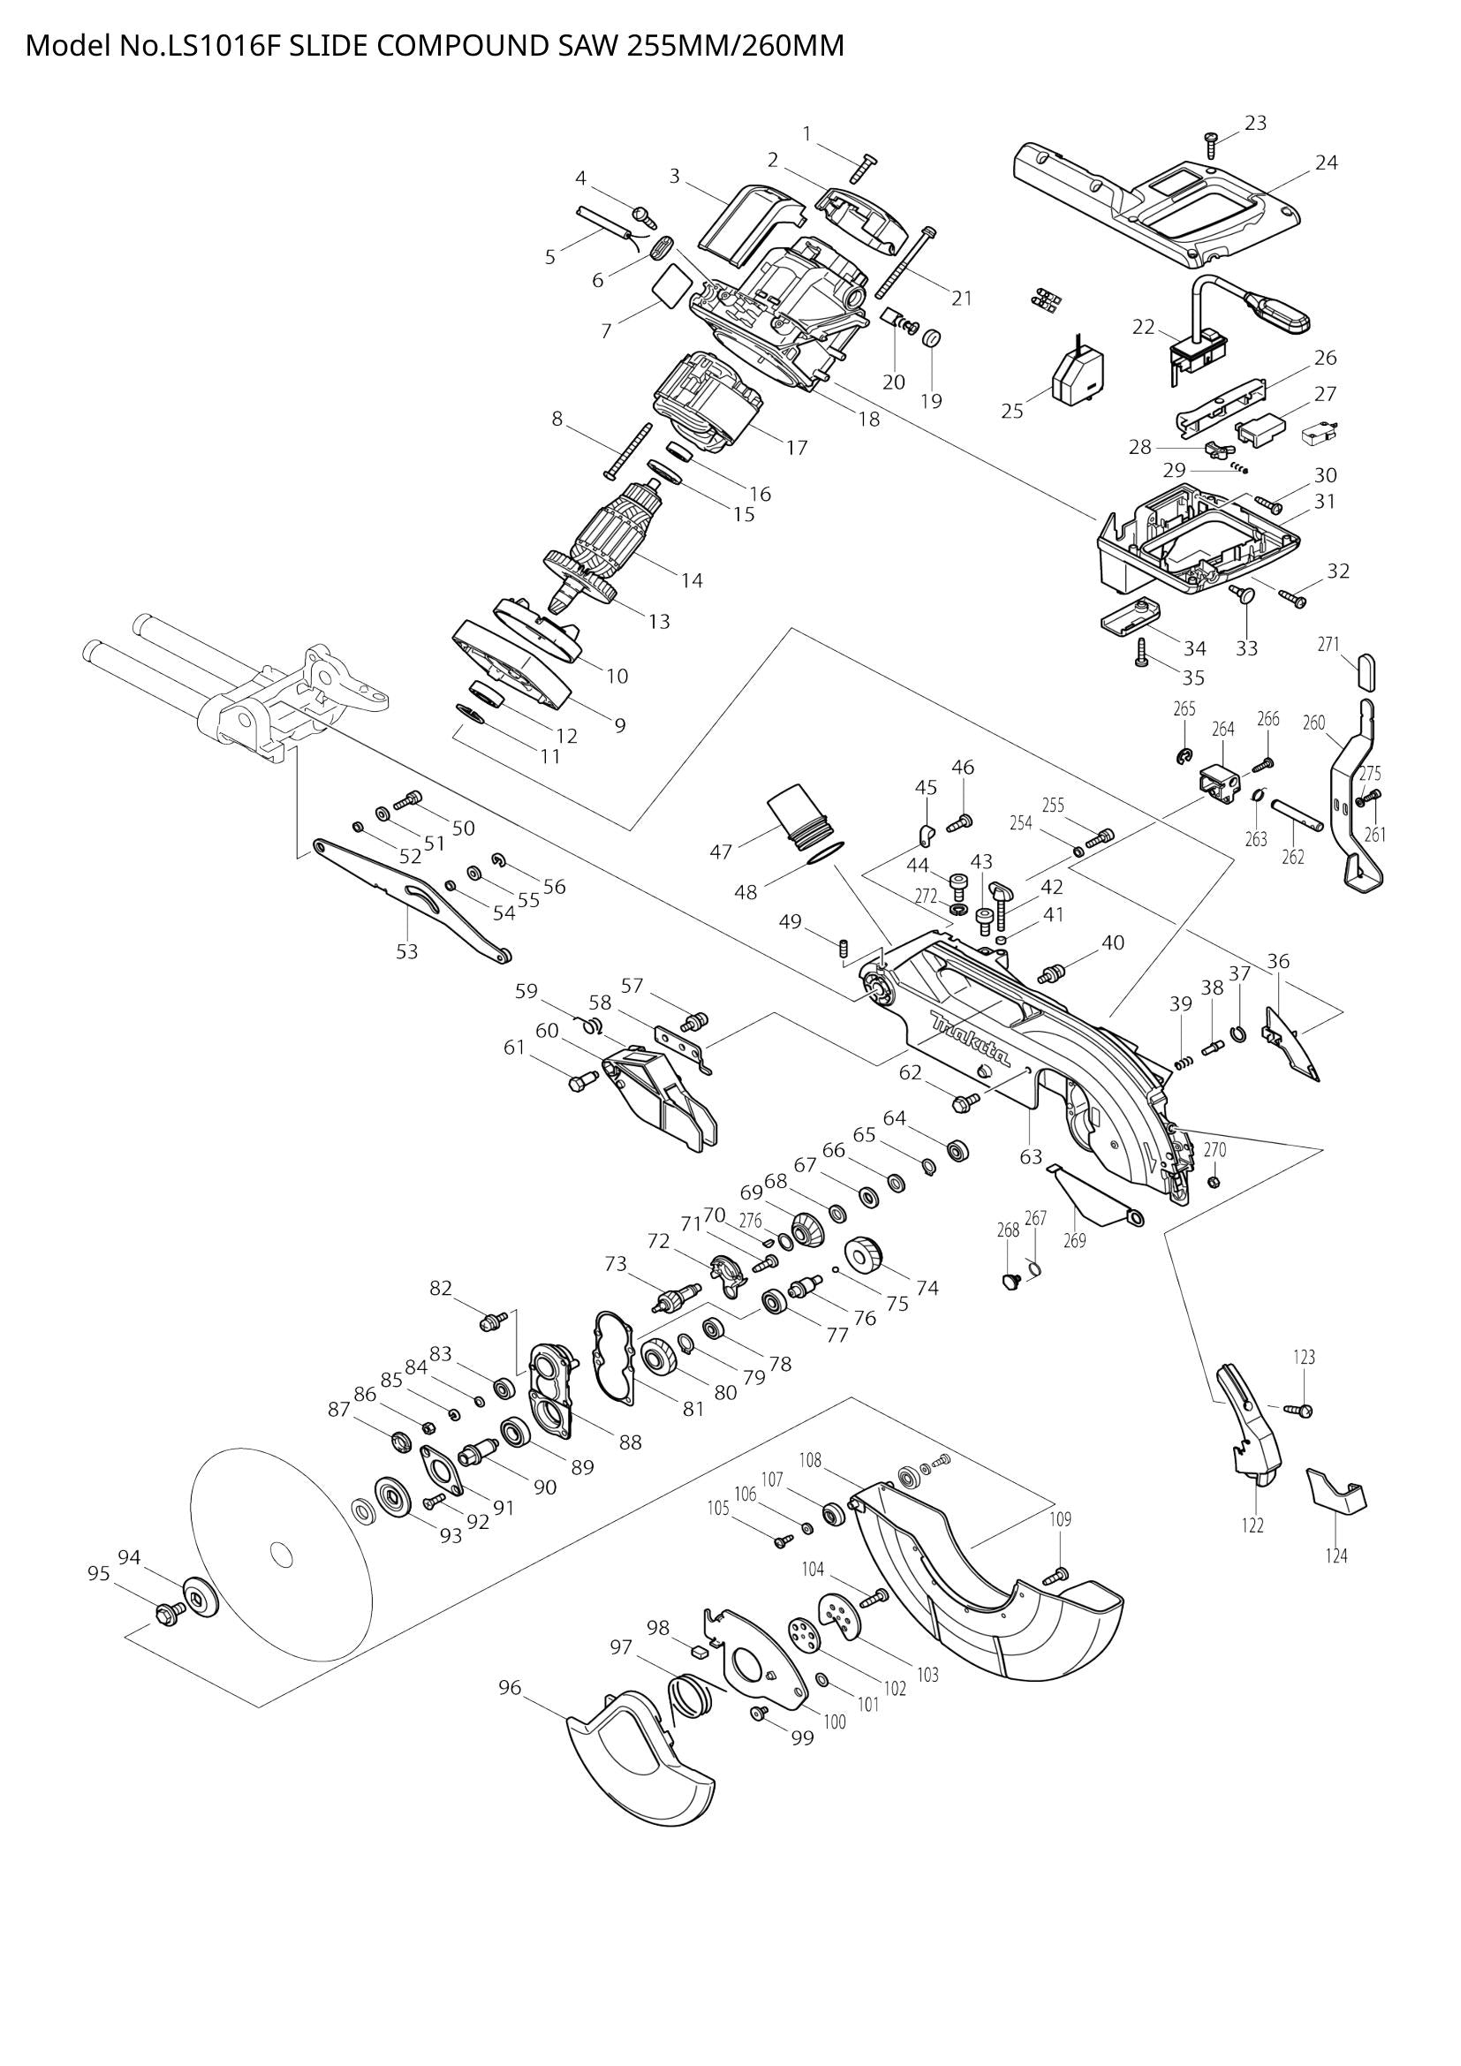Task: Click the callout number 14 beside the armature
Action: click(691, 580)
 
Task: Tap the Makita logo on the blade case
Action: click(970, 1037)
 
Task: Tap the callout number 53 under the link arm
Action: click(407, 951)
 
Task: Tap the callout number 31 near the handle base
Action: click(1324, 501)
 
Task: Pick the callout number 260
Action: click(1313, 722)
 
